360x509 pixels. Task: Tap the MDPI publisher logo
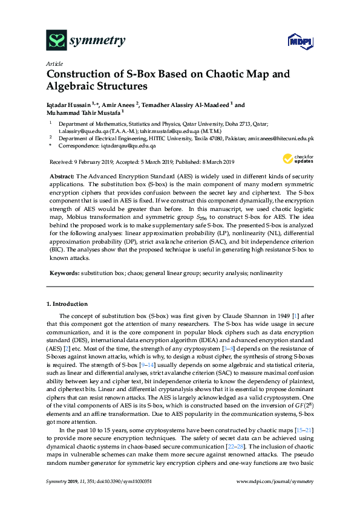(299, 41)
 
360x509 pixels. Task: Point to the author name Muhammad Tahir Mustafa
(83, 112)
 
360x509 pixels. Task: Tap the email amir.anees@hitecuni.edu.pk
(280, 138)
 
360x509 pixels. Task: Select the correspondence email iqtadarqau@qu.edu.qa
(128, 146)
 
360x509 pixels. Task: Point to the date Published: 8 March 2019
(203, 162)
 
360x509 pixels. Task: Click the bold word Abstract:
(61, 174)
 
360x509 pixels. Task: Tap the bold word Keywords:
(63, 273)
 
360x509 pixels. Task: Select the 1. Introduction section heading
(67, 304)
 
